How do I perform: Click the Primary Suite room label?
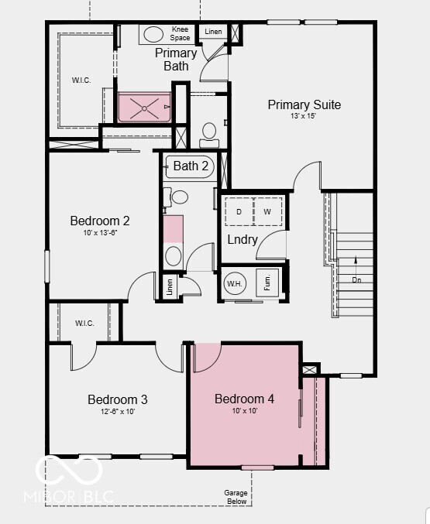tap(304, 104)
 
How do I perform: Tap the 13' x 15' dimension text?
tap(304, 116)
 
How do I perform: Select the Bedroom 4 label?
tap(244, 399)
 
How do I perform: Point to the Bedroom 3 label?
tap(117, 399)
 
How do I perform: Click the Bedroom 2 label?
tap(100, 221)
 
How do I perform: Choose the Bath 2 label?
tap(191, 166)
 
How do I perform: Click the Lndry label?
tap(242, 240)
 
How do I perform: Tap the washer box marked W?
tap(267, 211)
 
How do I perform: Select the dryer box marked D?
tap(239, 211)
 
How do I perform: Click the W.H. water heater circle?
tap(235, 283)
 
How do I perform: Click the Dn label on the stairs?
tap(356, 279)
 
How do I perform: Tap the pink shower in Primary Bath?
tap(144, 108)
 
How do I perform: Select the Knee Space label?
tap(180, 33)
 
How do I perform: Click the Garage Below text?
tap(236, 496)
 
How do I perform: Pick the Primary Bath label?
tap(175, 59)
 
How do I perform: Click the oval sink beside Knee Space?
tap(153, 34)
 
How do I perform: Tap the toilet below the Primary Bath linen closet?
tap(208, 134)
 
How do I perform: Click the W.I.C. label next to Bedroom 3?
tap(84, 323)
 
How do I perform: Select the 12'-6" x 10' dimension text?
tap(117, 412)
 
